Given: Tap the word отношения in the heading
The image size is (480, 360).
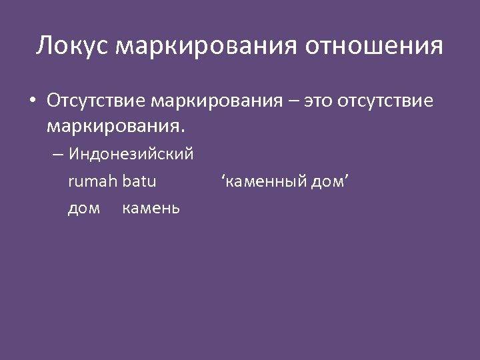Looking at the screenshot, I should (x=374, y=46).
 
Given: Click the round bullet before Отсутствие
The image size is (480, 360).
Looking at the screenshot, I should (x=32, y=101).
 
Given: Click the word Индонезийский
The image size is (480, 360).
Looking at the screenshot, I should (x=131, y=155).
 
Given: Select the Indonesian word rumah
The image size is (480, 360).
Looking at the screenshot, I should (x=93, y=180).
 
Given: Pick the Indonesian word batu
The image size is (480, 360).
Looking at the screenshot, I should (x=139, y=180).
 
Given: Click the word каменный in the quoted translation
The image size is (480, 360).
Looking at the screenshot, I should (x=267, y=181).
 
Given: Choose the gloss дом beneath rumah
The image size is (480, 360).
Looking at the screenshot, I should (x=84, y=208).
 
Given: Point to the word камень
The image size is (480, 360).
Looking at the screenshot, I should (x=151, y=208).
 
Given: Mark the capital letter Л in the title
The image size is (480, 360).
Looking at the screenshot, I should (x=44, y=46).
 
